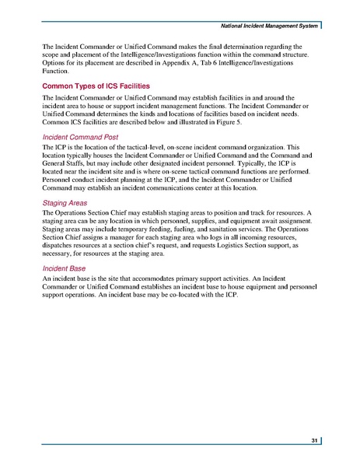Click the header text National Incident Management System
(x=264, y=28)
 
